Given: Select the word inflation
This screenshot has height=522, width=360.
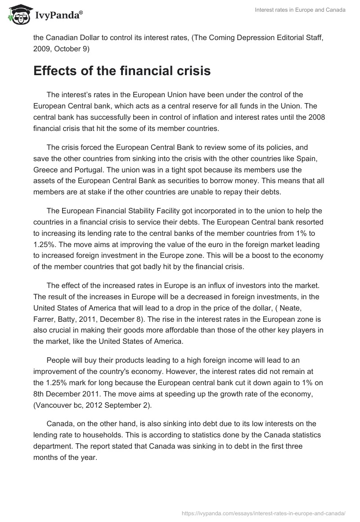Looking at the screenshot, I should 195,118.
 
